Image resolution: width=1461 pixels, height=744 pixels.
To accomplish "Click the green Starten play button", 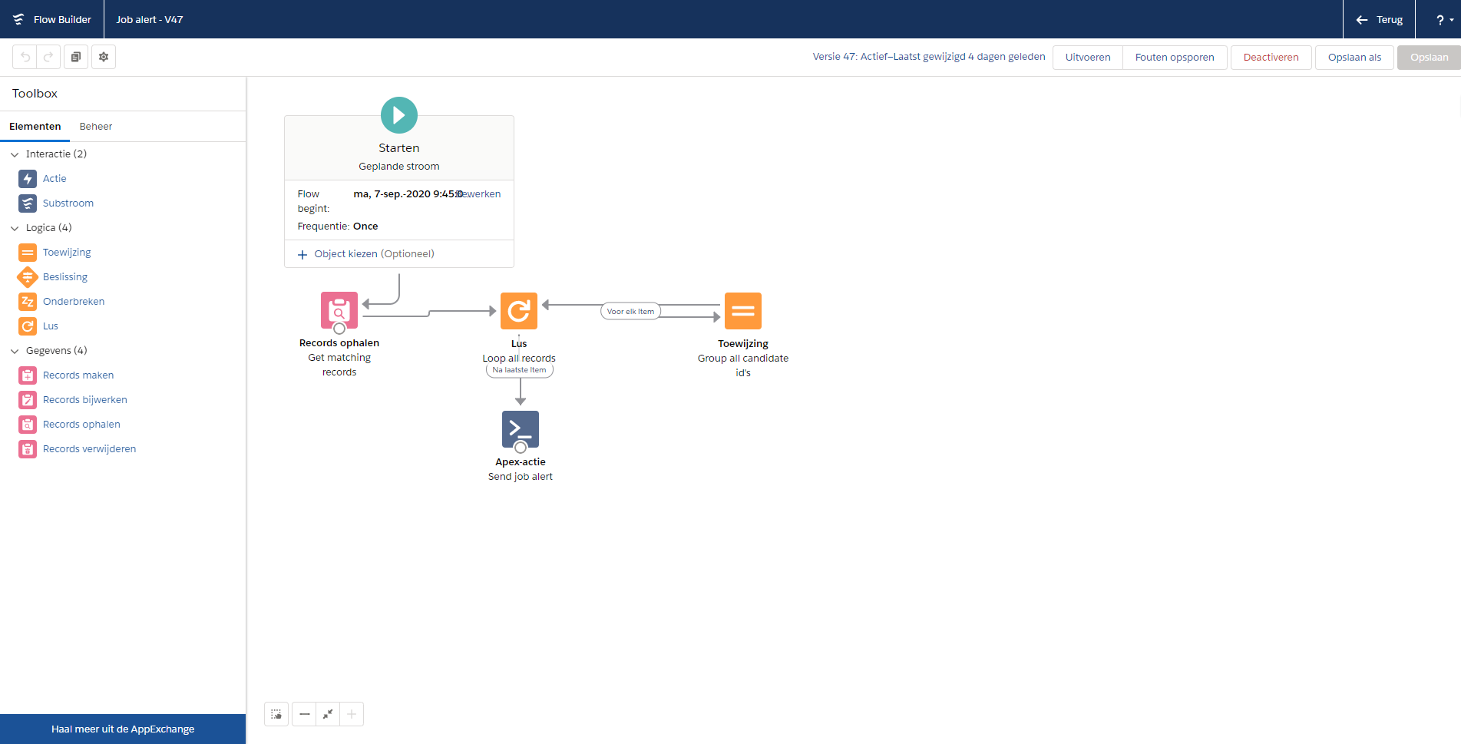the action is (x=399, y=115).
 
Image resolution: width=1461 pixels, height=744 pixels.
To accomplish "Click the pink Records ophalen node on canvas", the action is (x=339, y=310).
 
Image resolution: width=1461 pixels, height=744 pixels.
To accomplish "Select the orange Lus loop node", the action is (x=519, y=311).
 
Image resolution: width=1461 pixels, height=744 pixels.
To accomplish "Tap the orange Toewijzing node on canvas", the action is (x=743, y=311).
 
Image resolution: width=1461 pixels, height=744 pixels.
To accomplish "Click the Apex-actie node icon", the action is (x=521, y=429).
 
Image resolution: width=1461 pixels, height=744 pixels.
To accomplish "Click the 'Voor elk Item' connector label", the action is (x=630, y=311).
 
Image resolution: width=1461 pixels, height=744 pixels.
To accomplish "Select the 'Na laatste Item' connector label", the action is (x=520, y=370).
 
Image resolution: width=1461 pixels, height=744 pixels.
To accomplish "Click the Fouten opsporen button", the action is (x=1175, y=58).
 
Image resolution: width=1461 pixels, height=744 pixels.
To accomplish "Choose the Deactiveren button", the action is (x=1271, y=58).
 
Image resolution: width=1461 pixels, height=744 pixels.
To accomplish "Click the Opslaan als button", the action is (x=1354, y=58).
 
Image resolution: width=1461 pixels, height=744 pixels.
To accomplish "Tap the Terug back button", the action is (x=1380, y=19).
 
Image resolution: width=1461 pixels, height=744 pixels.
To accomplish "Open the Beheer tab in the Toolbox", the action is (x=96, y=127).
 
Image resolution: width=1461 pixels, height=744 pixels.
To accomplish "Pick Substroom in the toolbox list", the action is (x=68, y=203).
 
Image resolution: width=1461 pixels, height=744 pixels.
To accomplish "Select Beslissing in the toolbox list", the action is (x=65, y=277).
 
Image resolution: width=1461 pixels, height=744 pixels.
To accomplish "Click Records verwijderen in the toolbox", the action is (x=89, y=449).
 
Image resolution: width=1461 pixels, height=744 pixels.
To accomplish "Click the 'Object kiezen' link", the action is (x=345, y=254).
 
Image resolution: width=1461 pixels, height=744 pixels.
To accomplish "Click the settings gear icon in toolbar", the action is (x=104, y=57).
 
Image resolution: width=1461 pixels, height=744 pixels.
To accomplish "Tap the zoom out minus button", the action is (x=305, y=714).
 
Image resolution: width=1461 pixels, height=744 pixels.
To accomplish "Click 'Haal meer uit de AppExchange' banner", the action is (x=123, y=729).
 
